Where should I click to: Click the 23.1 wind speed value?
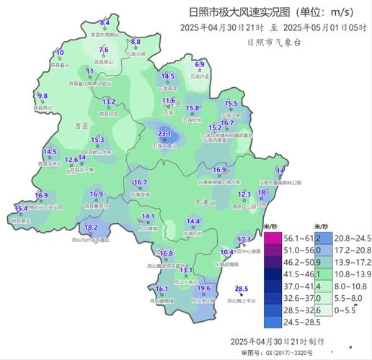[x=164, y=134]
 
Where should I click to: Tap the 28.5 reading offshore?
[x=242, y=289]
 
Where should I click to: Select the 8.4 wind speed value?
[x=105, y=23]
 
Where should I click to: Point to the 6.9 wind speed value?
[x=200, y=65]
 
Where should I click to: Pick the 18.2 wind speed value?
[x=91, y=228]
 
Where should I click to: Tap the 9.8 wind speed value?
[x=43, y=96]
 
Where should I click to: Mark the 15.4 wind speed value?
[x=21, y=208]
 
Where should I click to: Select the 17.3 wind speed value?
[x=244, y=239]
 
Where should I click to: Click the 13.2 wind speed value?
[x=109, y=102]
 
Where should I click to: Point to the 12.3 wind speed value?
[x=244, y=194]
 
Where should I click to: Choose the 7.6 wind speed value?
[x=104, y=49]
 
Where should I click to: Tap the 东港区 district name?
[x=206, y=203]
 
